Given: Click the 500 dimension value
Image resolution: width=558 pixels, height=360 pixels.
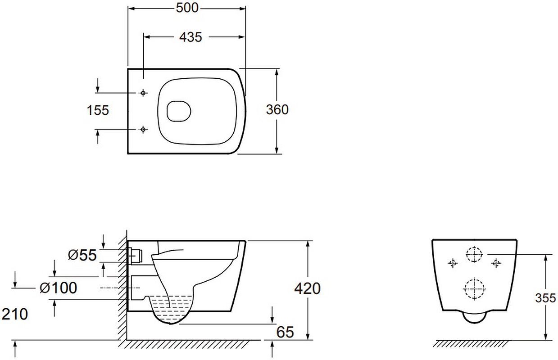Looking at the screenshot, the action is [x=187, y=8].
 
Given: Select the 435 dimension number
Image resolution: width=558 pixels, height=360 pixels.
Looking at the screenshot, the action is [x=191, y=37].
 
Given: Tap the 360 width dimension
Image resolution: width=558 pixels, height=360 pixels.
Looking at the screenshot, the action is [x=277, y=109].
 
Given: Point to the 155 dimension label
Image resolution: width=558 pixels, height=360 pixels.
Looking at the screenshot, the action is [x=98, y=110].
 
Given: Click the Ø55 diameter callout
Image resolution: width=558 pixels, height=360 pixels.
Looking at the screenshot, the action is [x=82, y=255].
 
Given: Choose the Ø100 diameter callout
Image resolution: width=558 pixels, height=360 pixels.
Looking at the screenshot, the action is [x=58, y=288].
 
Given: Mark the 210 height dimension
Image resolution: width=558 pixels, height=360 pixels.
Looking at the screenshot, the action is [x=15, y=314].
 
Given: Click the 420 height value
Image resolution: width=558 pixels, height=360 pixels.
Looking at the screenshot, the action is [x=308, y=289].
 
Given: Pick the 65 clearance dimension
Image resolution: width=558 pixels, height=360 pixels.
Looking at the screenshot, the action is [x=285, y=332].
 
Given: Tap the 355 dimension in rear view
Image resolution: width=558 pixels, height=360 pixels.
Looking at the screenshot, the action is [x=545, y=298].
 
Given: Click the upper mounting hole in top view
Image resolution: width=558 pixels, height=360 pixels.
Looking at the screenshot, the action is [x=143, y=93].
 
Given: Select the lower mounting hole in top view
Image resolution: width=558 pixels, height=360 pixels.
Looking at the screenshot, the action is [x=143, y=130].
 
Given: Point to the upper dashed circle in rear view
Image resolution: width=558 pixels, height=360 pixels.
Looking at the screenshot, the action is [x=474, y=254].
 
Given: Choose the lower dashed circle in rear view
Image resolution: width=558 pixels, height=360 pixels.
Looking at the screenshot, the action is [x=474, y=289].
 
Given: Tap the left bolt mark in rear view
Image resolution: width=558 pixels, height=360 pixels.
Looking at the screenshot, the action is [x=453, y=263].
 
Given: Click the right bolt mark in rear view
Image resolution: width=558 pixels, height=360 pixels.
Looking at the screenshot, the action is [x=496, y=263].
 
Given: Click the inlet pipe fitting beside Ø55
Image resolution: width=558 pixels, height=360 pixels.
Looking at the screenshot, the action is [x=135, y=256].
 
